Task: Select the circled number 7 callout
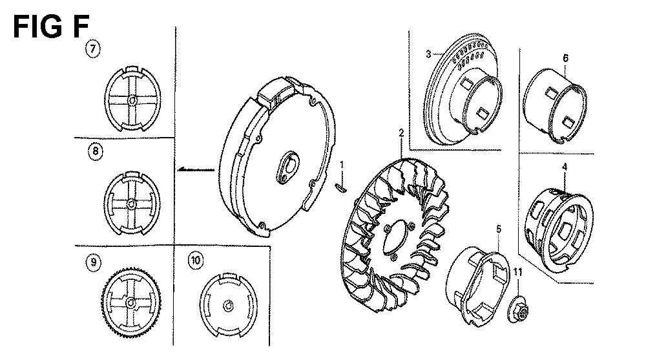click(x=92, y=49)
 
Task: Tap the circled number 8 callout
click(x=96, y=151)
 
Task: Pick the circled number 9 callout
click(x=94, y=262)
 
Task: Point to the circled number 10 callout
click(x=196, y=260)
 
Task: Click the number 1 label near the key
click(x=342, y=165)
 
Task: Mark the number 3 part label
click(x=428, y=54)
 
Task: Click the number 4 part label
click(x=565, y=167)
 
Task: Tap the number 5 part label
click(x=499, y=229)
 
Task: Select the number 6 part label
click(x=566, y=58)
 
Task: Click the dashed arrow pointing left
click(x=196, y=169)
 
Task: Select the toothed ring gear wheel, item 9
click(x=131, y=303)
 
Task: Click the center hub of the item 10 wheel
click(x=228, y=306)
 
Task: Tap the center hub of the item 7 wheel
click(x=132, y=100)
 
